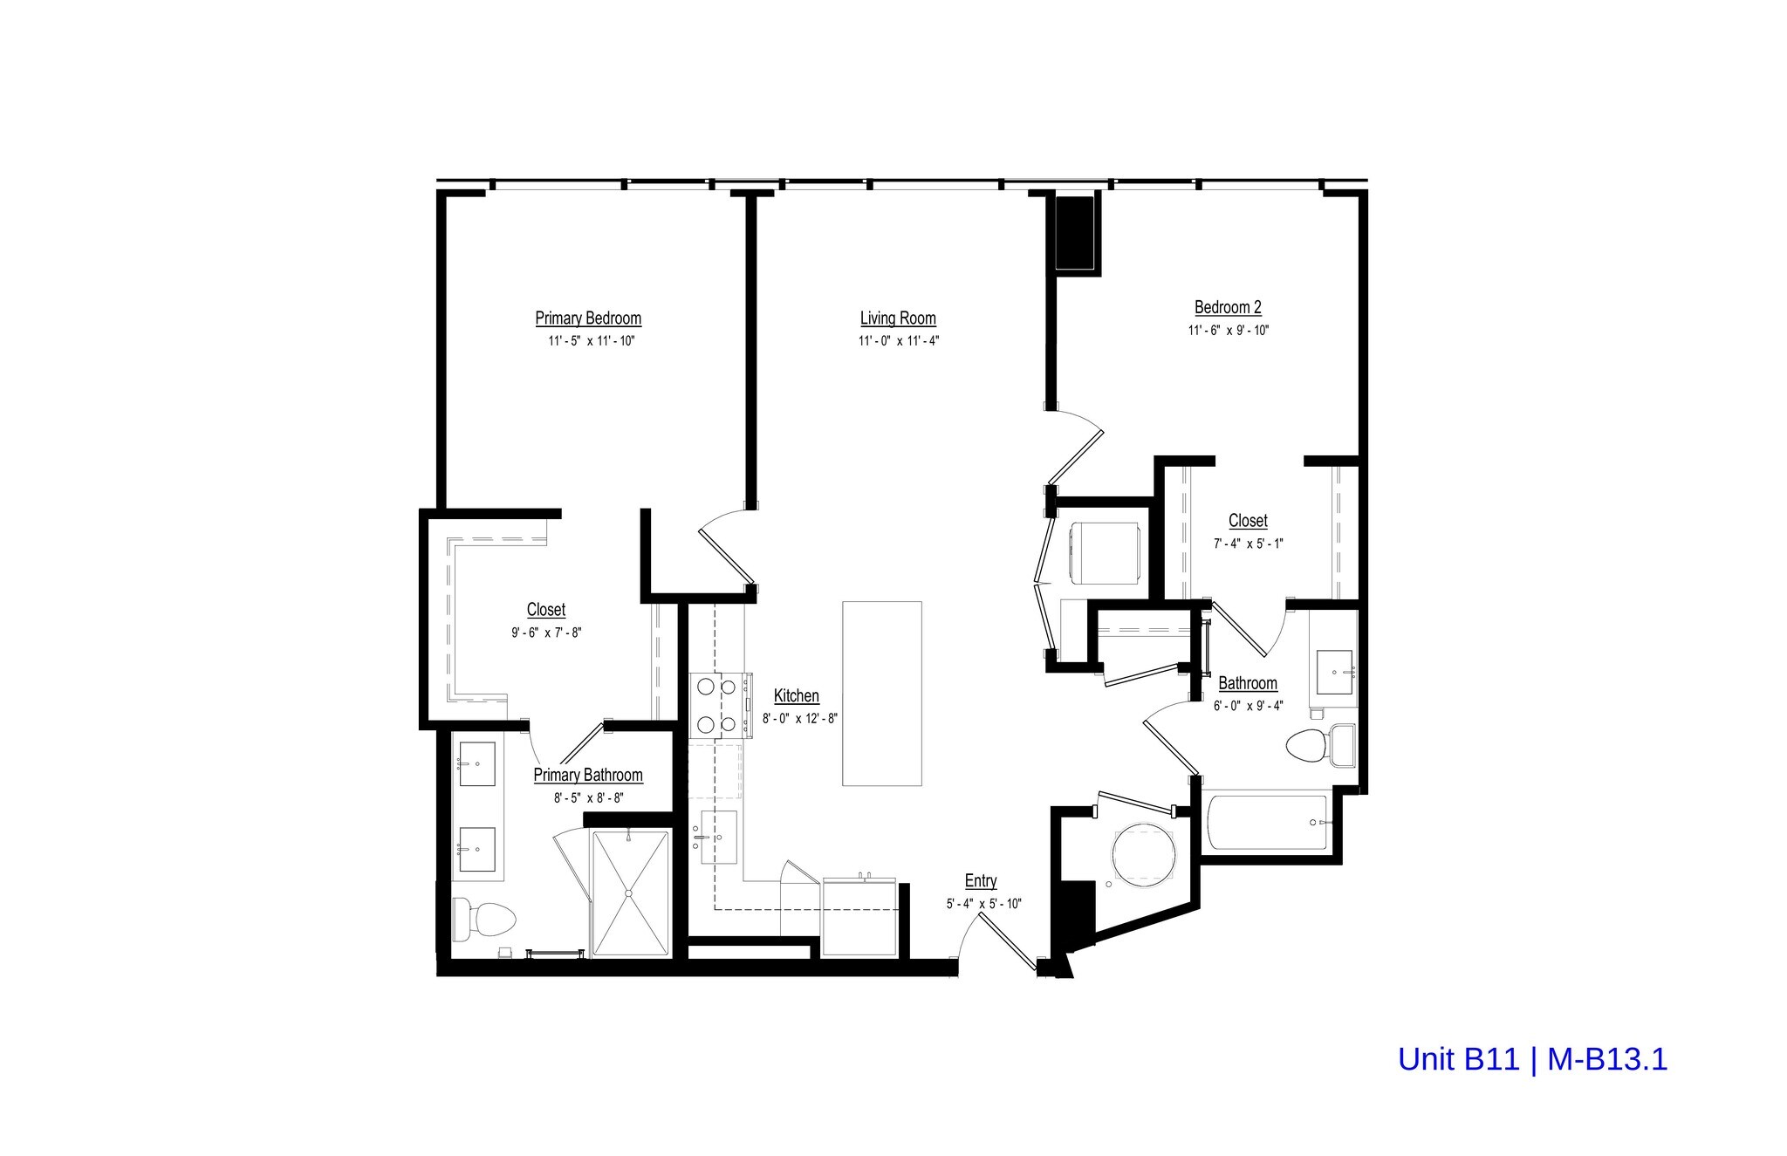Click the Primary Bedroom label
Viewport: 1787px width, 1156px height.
click(588, 318)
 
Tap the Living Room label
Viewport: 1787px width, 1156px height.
click(898, 318)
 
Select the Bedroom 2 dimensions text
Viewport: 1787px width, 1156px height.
click(1228, 331)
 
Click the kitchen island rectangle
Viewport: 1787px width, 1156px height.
click(881, 694)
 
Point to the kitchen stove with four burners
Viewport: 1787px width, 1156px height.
click(718, 705)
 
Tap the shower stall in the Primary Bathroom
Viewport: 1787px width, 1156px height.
click(630, 893)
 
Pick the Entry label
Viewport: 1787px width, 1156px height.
click(981, 881)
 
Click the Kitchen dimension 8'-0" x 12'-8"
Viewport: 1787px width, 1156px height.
click(799, 719)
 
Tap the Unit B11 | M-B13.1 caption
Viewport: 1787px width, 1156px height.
click(1532, 1059)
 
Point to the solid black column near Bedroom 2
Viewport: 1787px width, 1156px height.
click(1075, 233)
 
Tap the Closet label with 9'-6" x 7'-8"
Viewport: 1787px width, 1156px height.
click(546, 610)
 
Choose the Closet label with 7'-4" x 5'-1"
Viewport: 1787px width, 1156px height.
click(1248, 521)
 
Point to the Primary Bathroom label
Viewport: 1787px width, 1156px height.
click(588, 775)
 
